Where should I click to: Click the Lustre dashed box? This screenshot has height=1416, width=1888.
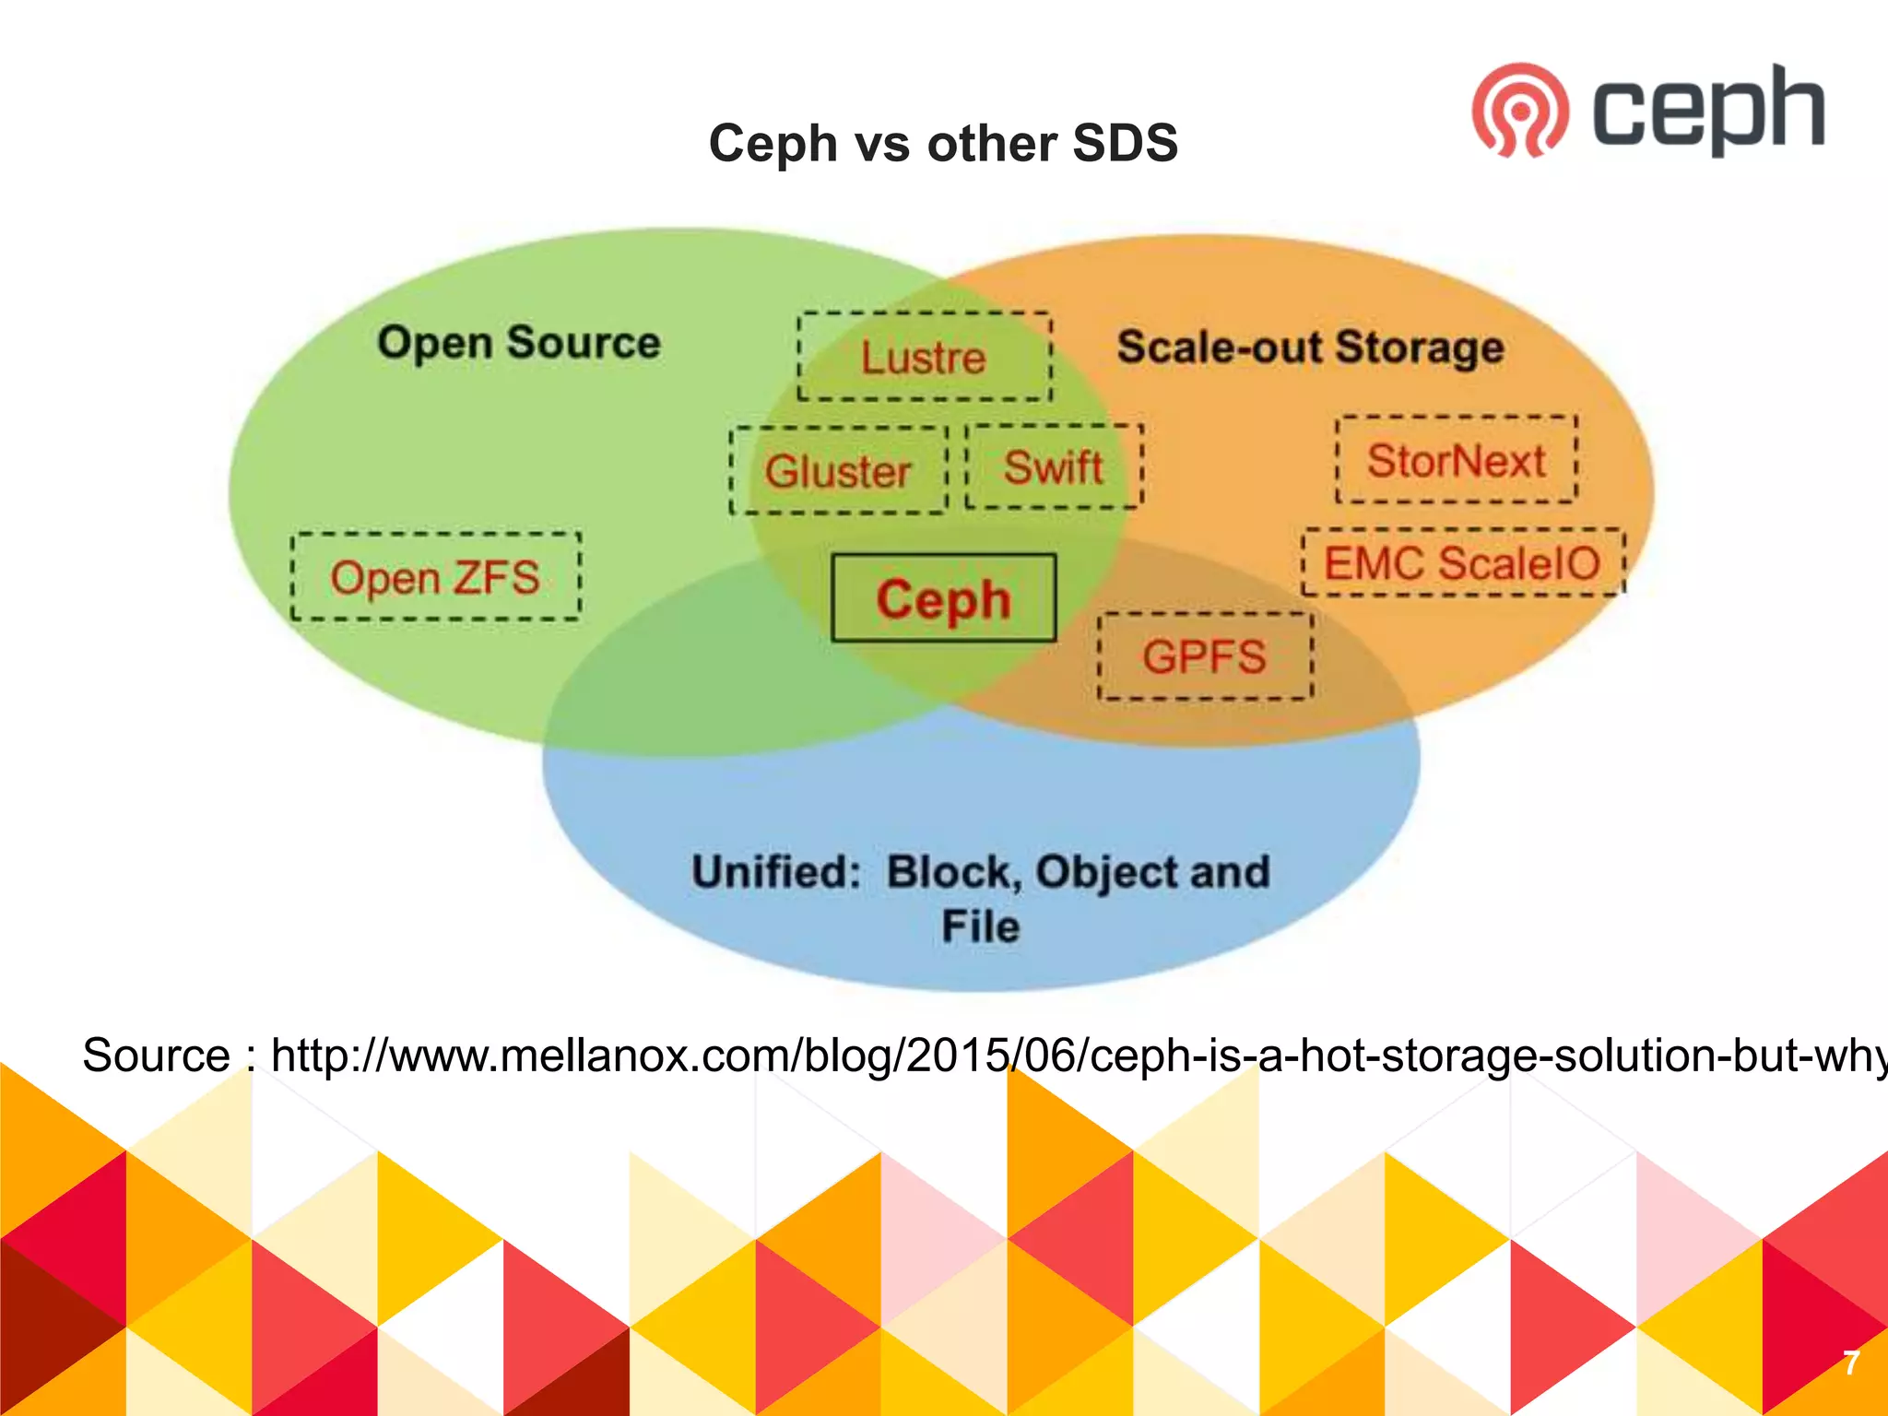pyautogui.click(x=924, y=357)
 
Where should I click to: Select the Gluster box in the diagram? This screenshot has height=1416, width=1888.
pyautogui.click(x=838, y=471)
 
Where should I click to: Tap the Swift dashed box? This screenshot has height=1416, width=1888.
pyautogui.click(x=1054, y=466)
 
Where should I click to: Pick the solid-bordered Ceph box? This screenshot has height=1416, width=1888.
pyautogui.click(x=943, y=598)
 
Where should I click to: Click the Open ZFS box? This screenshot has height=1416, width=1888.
pyautogui.click(x=435, y=577)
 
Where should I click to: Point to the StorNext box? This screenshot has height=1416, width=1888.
pyautogui.click(x=1457, y=460)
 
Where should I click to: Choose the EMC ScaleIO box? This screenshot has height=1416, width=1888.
pyautogui.click(x=1463, y=562)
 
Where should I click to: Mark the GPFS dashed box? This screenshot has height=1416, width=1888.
pyautogui.click(x=1204, y=656)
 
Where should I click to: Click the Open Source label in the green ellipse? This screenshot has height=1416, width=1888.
pyautogui.click(x=519, y=342)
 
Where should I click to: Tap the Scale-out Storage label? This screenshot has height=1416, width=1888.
pyautogui.click(x=1310, y=348)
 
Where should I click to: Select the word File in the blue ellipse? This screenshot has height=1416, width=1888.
pyautogui.click(x=981, y=926)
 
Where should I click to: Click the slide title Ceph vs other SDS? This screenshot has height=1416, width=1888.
pyautogui.click(x=943, y=144)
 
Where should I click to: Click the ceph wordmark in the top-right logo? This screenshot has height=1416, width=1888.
pyautogui.click(x=1708, y=111)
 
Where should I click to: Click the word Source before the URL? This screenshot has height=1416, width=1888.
pyautogui.click(x=156, y=1056)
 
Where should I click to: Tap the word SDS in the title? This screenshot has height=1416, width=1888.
pyautogui.click(x=1125, y=144)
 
